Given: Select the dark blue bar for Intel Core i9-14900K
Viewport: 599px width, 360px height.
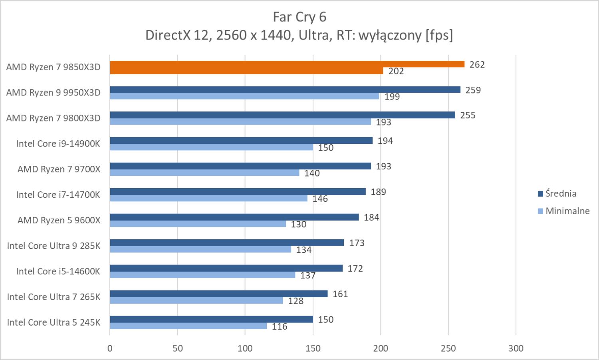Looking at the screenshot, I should (241, 141).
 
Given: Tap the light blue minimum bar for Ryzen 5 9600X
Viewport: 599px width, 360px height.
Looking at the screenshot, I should (198, 224).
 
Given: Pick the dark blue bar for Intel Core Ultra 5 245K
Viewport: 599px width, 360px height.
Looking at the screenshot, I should (211, 319).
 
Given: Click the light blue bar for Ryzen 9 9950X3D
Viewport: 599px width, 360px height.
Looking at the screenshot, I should (244, 96).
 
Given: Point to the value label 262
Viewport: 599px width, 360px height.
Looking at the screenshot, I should (477, 64).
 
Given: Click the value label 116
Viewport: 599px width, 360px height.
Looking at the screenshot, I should (280, 327).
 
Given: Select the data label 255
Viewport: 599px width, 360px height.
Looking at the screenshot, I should (468, 115).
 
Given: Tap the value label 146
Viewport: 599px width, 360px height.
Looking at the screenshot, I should (320, 199).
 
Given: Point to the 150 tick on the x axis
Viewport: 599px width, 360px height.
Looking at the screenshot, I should (313, 348).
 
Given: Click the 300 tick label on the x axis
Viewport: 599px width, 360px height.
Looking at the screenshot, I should (516, 348).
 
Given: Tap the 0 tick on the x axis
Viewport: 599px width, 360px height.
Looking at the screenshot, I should (110, 348).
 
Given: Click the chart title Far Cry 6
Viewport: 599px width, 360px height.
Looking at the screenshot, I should (299, 17).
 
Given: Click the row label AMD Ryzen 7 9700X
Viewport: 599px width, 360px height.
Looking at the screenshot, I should (59, 169).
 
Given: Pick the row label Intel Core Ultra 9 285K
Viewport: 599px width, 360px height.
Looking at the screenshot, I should (54, 246).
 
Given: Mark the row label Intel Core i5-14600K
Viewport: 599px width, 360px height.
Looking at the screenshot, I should (58, 271).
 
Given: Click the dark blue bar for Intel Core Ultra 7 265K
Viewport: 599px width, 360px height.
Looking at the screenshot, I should (218, 294).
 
